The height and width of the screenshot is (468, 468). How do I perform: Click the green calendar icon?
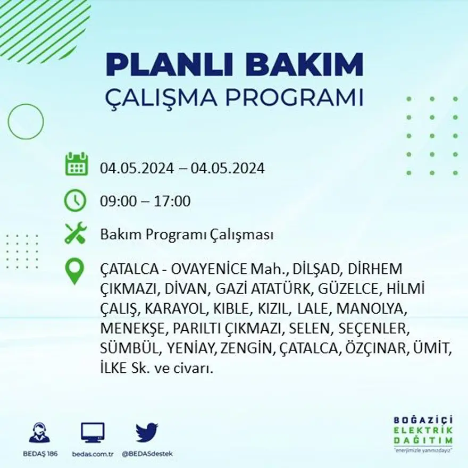pyautogui.click(x=76, y=164)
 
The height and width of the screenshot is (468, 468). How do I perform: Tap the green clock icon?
pyautogui.click(x=75, y=200)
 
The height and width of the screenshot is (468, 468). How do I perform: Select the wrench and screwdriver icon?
pyautogui.click(x=75, y=233)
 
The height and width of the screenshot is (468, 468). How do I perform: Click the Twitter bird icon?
pyautogui.click(x=146, y=432)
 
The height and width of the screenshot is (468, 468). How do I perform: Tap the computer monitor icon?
pyautogui.click(x=93, y=433)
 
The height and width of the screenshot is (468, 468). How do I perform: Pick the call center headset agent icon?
pyautogui.click(x=39, y=433)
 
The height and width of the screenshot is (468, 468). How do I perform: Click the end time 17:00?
pyautogui.click(x=172, y=202)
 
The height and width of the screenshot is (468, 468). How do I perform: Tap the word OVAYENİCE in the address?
pyautogui.click(x=198, y=269)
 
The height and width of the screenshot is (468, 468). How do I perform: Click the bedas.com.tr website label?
pyautogui.click(x=93, y=454)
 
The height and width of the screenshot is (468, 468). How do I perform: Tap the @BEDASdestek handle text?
pyautogui.click(x=147, y=454)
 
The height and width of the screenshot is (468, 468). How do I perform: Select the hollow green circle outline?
pyautogui.click(x=26, y=122)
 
